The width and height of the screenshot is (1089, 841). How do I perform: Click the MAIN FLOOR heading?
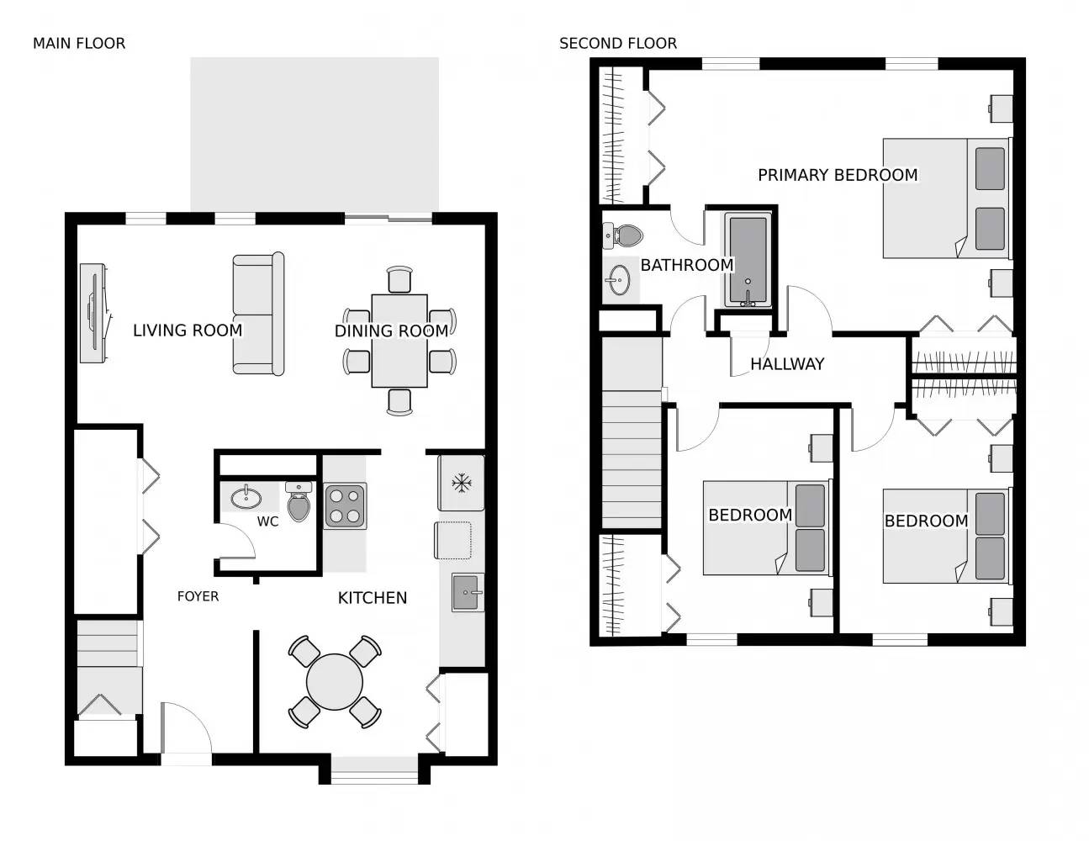tap(78, 44)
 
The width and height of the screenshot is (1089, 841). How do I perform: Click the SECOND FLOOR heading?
tap(617, 44)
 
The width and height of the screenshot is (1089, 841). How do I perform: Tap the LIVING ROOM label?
tap(188, 331)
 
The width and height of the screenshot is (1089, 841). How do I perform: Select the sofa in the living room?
tap(258, 314)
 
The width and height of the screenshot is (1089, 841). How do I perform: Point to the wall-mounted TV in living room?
tap(93, 313)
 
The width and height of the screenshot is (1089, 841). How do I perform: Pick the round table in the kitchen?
tap(335, 681)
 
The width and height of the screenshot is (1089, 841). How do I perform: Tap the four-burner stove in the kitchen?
tap(346, 505)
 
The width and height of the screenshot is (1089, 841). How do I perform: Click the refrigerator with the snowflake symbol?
tap(461, 483)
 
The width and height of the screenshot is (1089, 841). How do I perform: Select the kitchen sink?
tap(467, 592)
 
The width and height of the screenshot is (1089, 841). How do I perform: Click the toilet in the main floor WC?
tap(299, 502)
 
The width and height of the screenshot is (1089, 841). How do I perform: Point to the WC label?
tap(267, 521)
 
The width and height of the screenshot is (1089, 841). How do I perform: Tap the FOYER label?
tap(198, 596)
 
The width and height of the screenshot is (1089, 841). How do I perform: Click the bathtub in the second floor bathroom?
tap(748, 260)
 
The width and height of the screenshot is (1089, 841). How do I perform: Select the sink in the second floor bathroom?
tap(620, 280)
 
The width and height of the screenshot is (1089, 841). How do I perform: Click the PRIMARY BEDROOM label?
tap(837, 175)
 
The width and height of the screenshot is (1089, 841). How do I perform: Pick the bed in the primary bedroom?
tap(945, 198)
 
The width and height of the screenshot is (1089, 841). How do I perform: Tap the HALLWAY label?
tap(786, 364)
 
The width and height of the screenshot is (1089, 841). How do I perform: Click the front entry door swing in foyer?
tap(187, 729)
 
